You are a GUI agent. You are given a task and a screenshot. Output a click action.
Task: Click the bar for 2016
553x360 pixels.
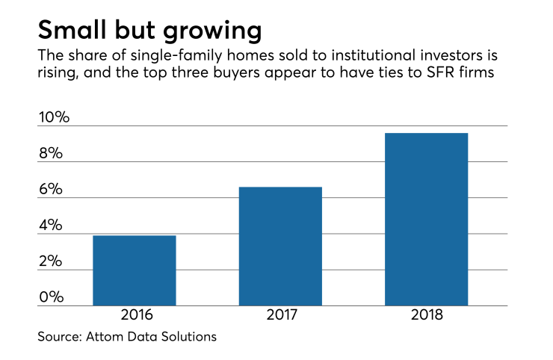pyautogui.click(x=134, y=270)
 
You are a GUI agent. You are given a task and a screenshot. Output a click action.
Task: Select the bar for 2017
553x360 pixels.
pyautogui.click(x=280, y=246)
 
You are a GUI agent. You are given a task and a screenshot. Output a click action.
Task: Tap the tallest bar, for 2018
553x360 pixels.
pyautogui.click(x=426, y=220)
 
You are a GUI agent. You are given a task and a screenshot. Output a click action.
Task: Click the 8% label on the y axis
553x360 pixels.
pyautogui.click(x=51, y=153)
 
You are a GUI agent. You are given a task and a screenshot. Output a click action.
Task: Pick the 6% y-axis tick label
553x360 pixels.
pyautogui.click(x=51, y=190)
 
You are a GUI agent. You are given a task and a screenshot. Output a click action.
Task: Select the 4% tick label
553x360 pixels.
pyautogui.click(x=51, y=226)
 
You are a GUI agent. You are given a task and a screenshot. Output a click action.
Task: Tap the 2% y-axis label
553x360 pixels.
pyautogui.click(x=51, y=261)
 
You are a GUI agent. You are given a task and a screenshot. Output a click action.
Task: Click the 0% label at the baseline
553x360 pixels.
pyautogui.click(x=51, y=297)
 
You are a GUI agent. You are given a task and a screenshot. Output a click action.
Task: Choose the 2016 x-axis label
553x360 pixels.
pyautogui.click(x=134, y=315)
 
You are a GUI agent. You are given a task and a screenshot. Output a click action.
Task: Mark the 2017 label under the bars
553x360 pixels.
pyautogui.click(x=280, y=315)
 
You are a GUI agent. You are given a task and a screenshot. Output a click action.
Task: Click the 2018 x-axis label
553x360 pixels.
pyautogui.click(x=426, y=315)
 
